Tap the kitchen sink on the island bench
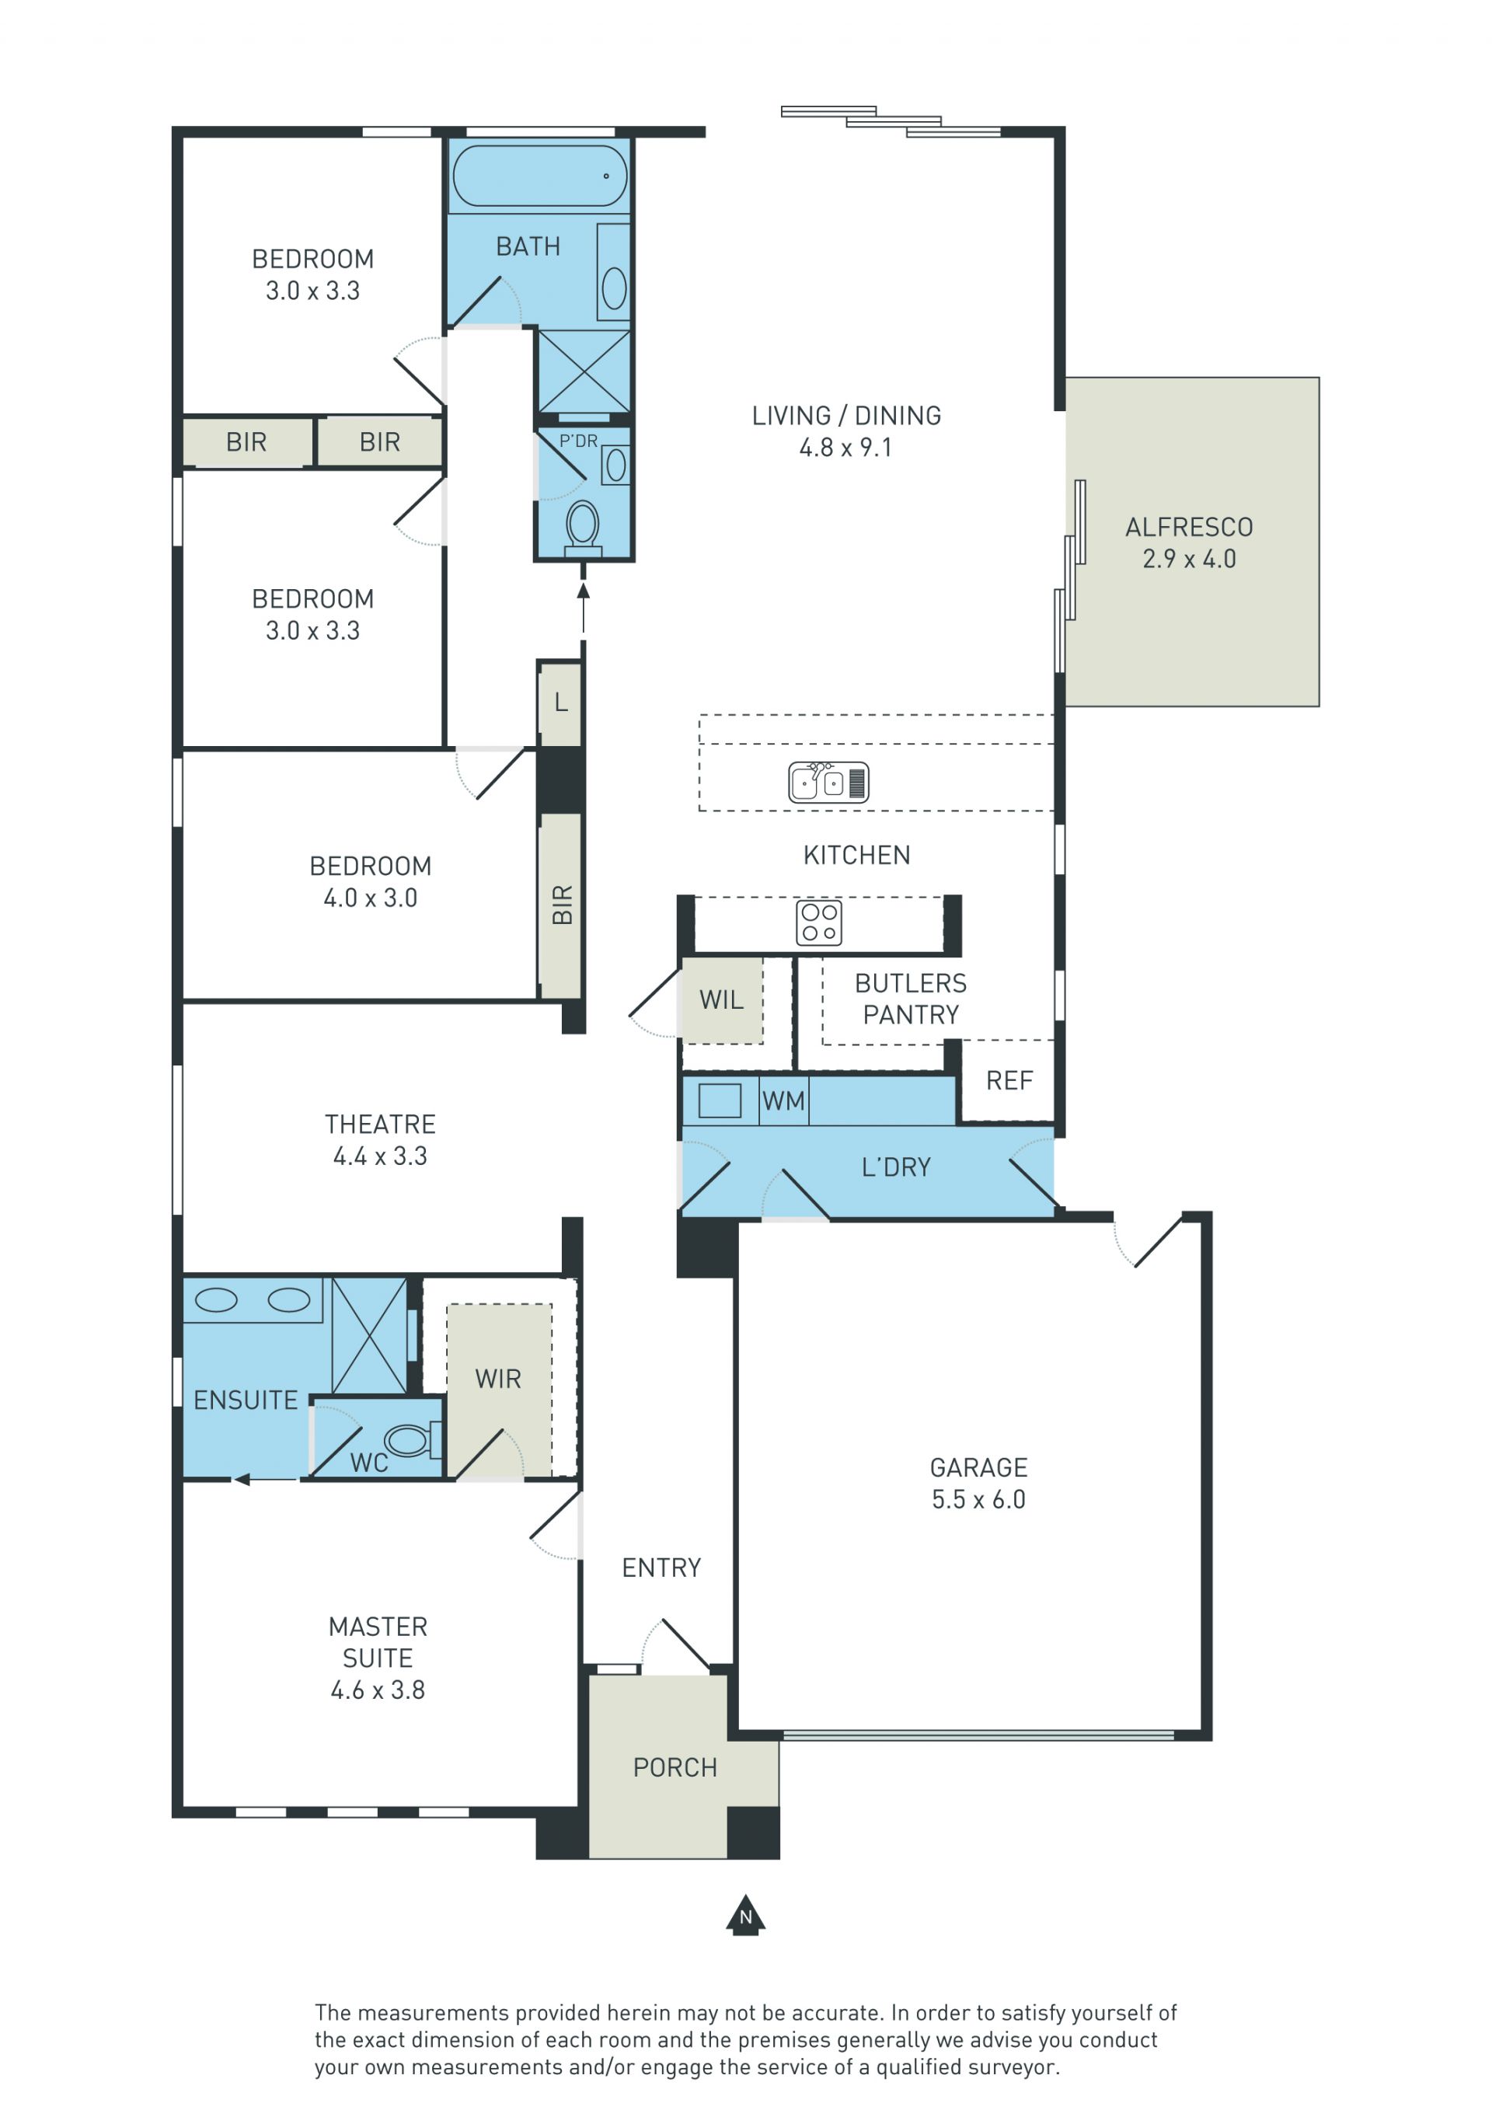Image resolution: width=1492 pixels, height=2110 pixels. [x=828, y=782]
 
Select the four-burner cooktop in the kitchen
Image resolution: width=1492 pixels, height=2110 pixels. [x=818, y=923]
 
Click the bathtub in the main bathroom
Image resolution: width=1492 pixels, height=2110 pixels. [x=540, y=175]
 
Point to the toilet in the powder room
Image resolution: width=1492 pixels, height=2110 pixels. [x=584, y=528]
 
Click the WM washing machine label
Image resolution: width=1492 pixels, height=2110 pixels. [x=783, y=1101]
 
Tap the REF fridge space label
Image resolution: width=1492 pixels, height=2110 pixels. [x=1009, y=1081]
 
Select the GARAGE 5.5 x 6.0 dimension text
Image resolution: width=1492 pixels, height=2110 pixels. [x=978, y=1500]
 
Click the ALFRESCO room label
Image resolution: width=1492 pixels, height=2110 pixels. [x=1189, y=527]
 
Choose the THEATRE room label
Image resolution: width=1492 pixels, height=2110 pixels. [x=380, y=1124]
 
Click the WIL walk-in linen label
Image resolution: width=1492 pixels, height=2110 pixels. [x=721, y=1000]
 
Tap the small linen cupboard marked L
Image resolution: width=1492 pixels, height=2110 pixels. [x=560, y=703]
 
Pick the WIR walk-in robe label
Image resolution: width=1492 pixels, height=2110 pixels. [x=498, y=1379]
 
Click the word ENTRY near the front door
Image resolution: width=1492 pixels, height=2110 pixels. [x=661, y=1568]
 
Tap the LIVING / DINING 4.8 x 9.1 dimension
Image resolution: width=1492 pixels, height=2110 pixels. [x=845, y=448]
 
